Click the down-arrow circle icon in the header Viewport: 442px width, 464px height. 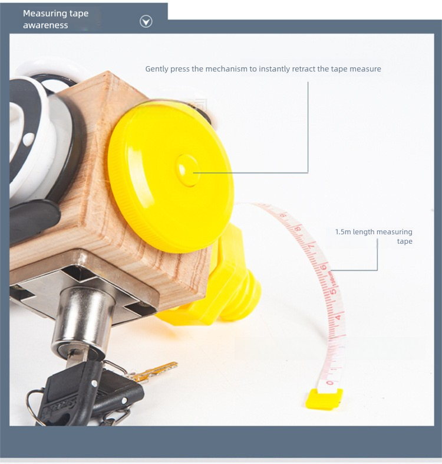point(146,22)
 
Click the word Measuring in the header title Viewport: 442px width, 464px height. point(45,14)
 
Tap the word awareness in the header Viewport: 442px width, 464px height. point(45,25)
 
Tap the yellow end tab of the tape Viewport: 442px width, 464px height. point(324,398)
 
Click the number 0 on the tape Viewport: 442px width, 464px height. point(329,383)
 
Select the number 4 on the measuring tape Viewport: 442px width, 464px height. point(338,317)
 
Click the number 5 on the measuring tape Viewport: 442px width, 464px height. point(334,291)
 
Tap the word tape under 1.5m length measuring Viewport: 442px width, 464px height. point(404,241)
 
